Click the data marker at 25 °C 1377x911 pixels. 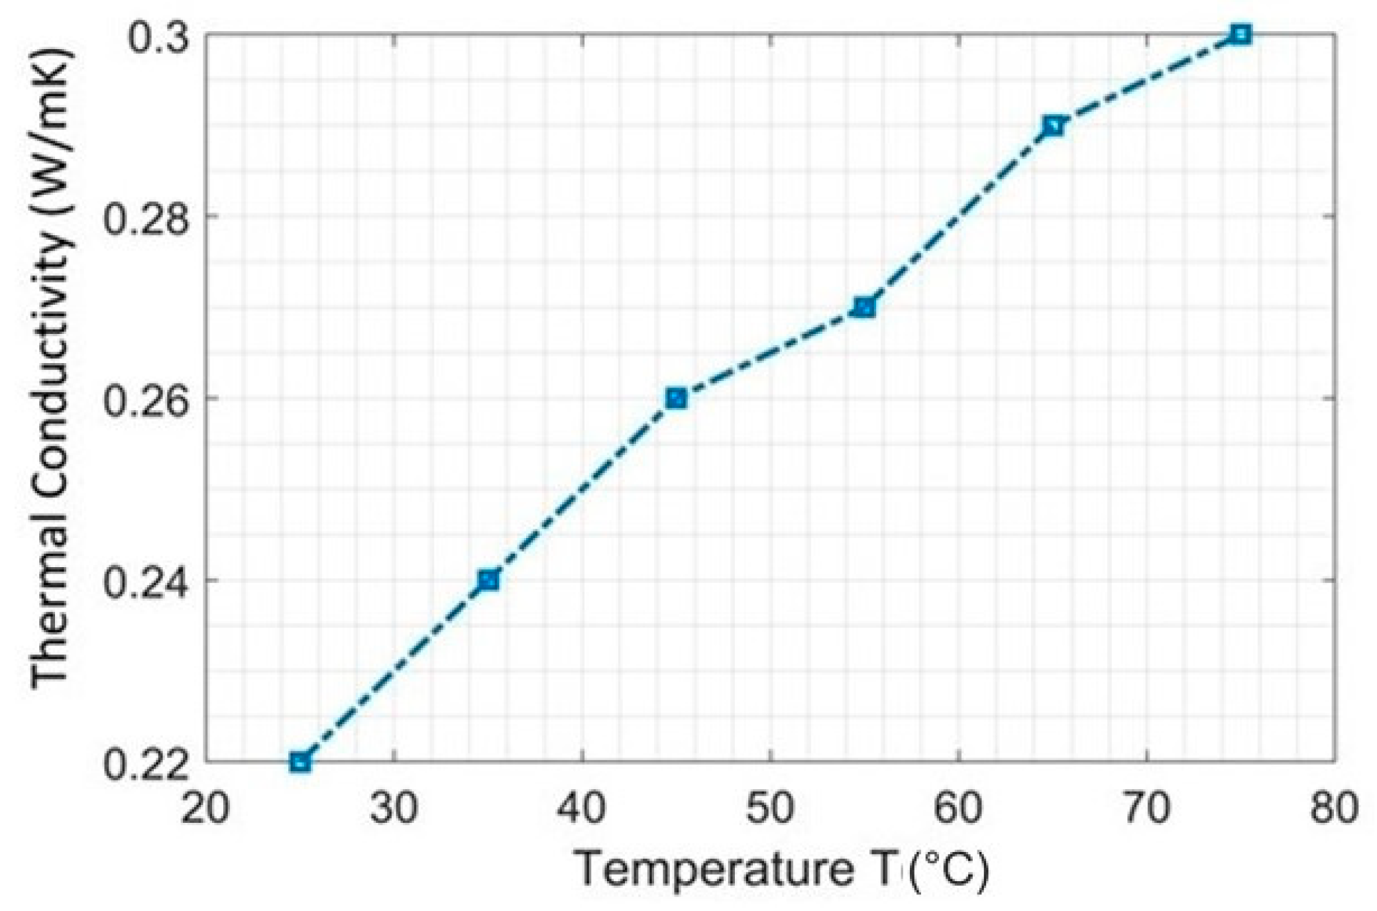(300, 761)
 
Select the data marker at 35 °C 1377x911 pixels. (488, 580)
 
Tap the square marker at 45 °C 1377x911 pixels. (676, 398)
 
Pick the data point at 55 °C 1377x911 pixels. (864, 307)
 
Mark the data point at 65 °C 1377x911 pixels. (1052, 125)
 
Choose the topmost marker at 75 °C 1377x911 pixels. (1240, 34)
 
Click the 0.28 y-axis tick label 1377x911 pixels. (144, 216)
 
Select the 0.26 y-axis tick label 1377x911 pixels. (144, 398)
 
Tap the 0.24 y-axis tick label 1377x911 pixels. (144, 580)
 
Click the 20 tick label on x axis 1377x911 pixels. (205, 809)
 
